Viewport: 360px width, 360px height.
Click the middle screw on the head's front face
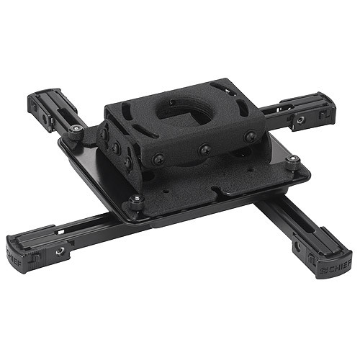pyautogui.click(x=205, y=149)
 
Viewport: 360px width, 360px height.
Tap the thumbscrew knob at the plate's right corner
pyautogui.click(x=292, y=163)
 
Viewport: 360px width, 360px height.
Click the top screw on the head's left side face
pyautogui.click(x=105, y=134)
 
